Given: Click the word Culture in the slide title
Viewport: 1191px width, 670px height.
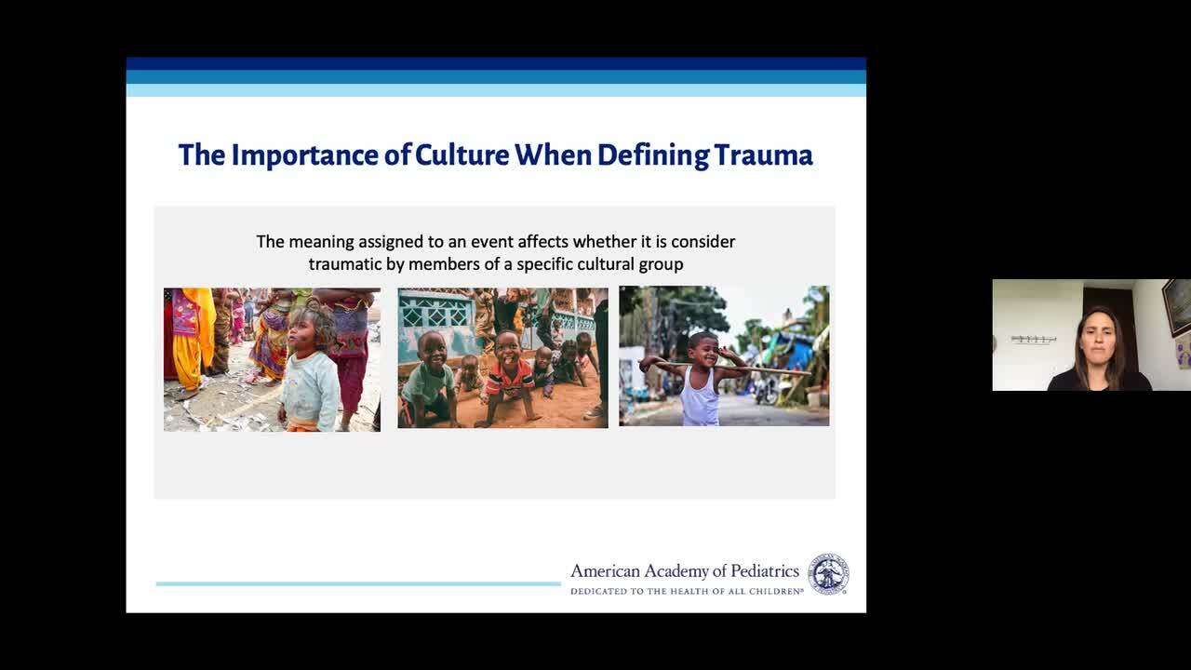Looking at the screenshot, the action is click(x=462, y=154).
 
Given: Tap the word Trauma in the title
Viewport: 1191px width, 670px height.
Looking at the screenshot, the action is click(x=764, y=154).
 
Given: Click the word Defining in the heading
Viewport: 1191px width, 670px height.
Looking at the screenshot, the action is click(x=653, y=155).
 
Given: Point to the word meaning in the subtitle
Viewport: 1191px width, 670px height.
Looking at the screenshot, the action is click(x=321, y=242).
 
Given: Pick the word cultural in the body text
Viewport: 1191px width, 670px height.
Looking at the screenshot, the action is click(x=602, y=264).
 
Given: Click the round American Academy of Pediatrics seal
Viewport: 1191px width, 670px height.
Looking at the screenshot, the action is click(x=828, y=574).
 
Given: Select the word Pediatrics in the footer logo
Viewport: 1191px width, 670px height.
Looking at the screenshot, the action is click(x=765, y=571).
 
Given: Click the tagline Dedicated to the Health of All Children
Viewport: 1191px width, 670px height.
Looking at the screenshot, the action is click(x=687, y=591).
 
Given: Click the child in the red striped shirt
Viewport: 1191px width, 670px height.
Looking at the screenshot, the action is click(x=508, y=378).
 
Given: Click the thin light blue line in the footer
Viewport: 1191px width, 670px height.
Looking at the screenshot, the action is click(x=358, y=583).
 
